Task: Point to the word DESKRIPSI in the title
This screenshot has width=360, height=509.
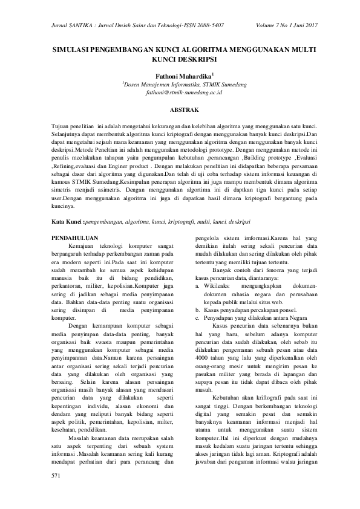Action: tap(194, 60)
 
